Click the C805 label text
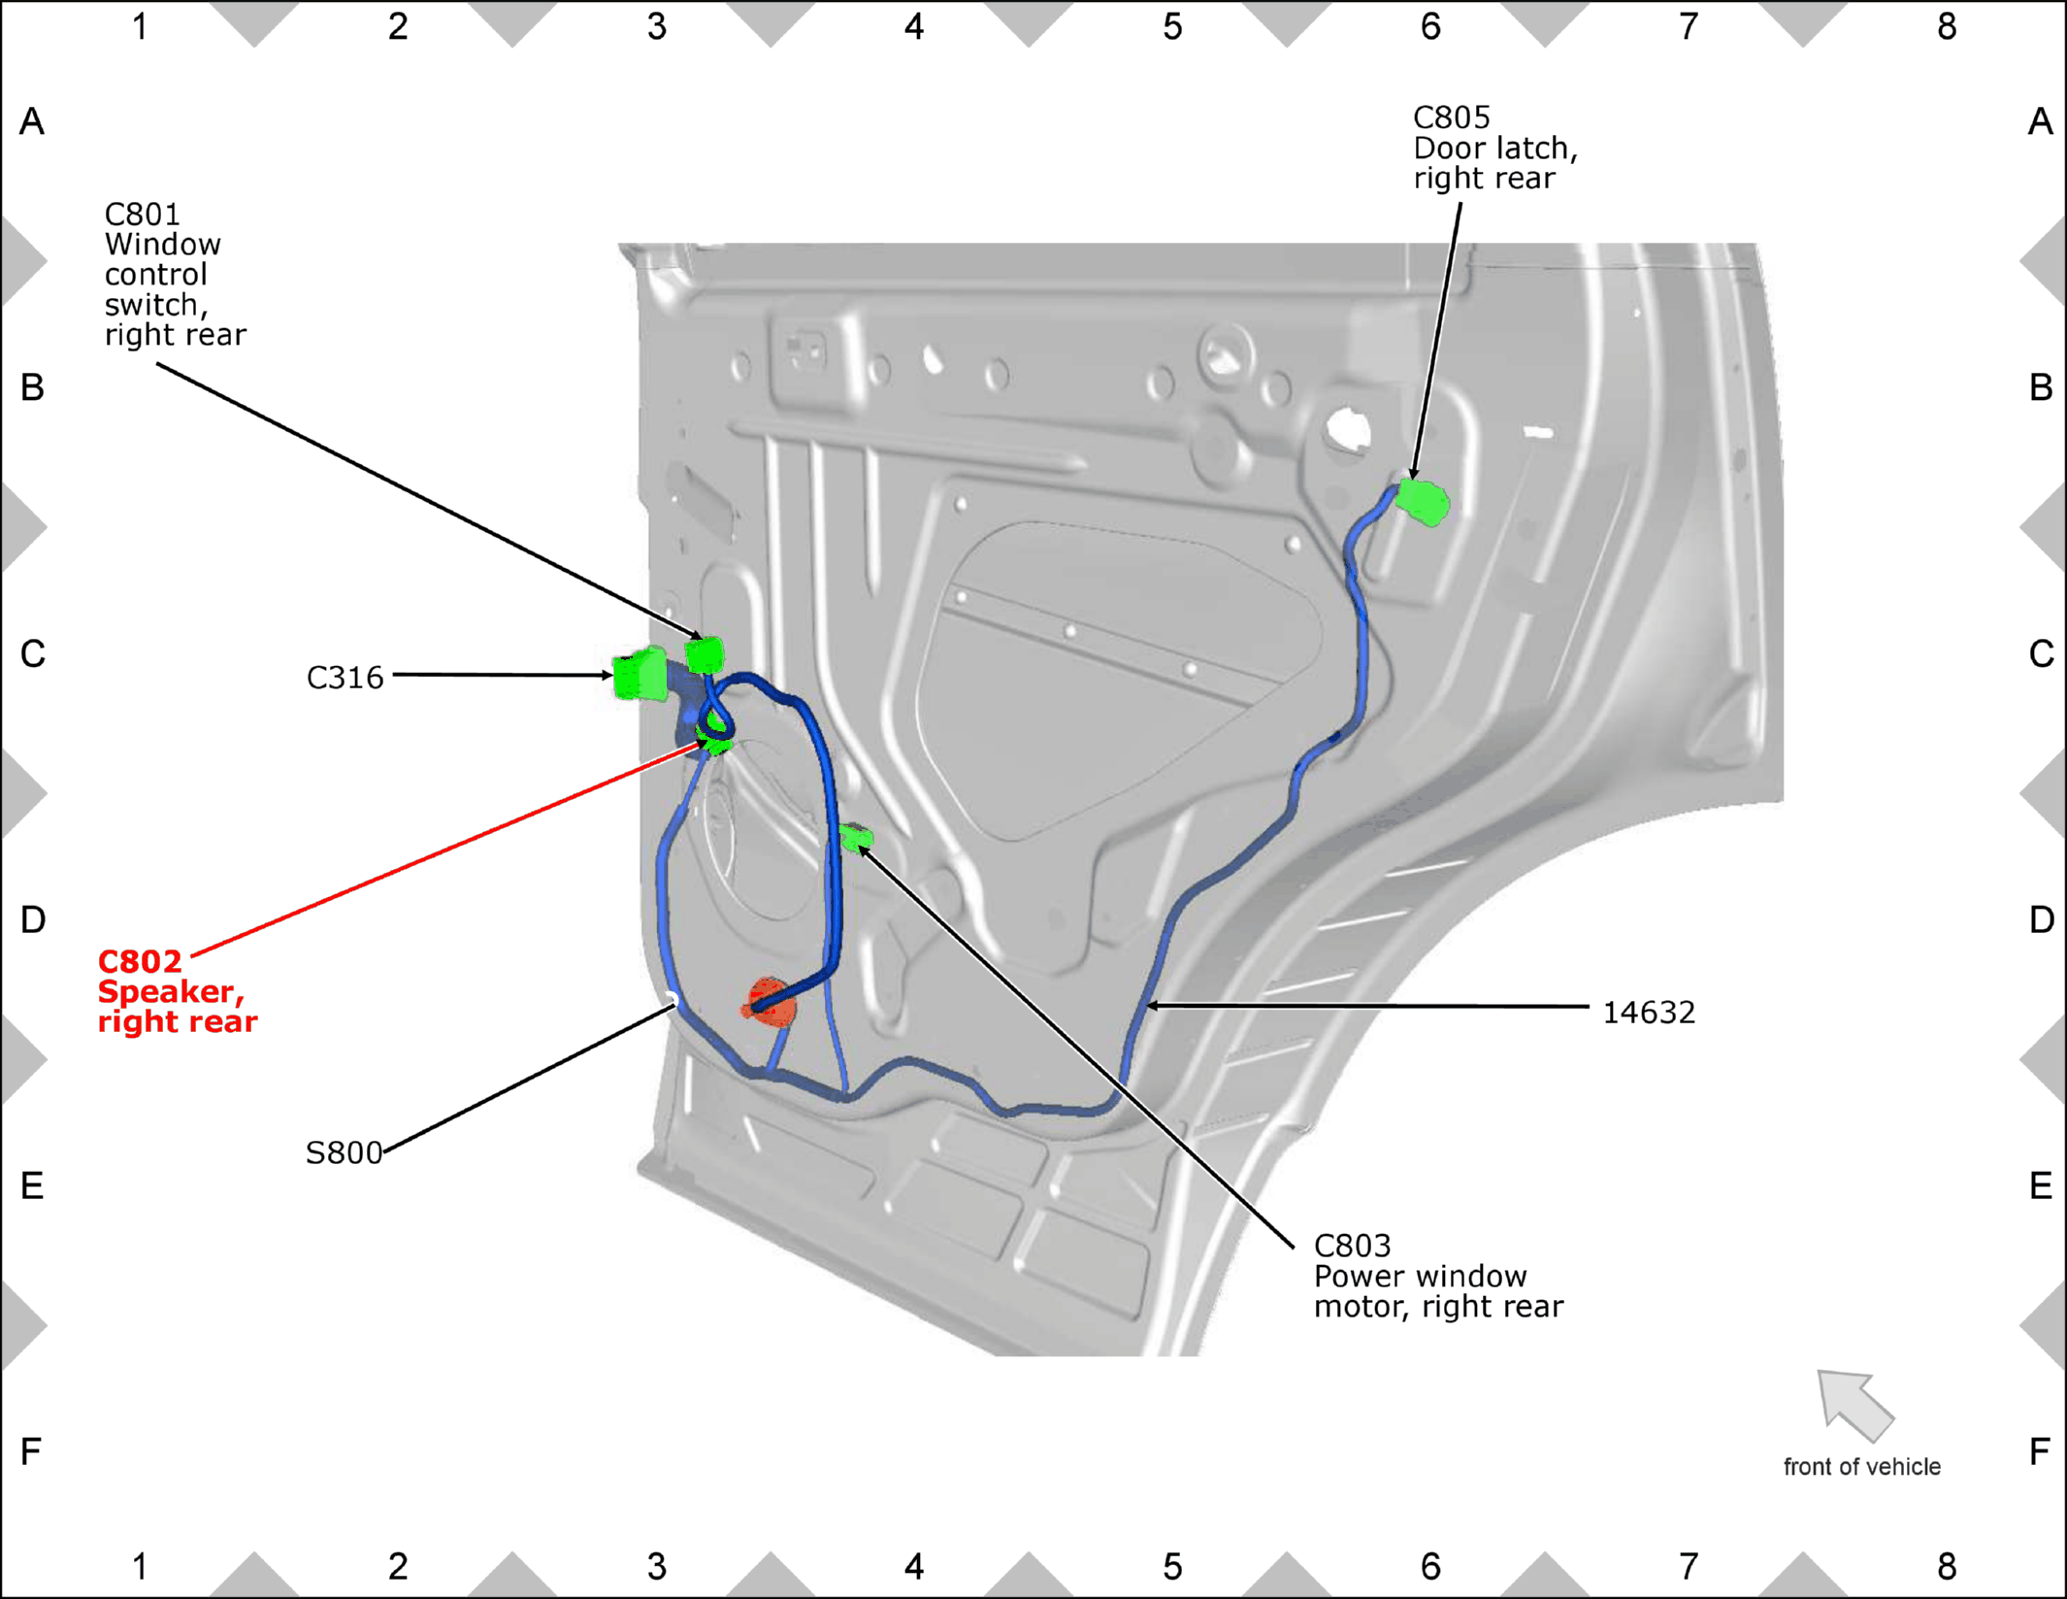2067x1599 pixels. [1451, 117]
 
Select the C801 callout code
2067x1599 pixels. [142, 214]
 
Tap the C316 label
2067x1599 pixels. [344, 678]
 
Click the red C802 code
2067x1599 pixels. [140, 961]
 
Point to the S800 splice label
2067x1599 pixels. [344, 1152]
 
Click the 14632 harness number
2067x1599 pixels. [1648, 1013]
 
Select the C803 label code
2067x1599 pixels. [1352, 1246]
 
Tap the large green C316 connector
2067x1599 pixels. [640, 674]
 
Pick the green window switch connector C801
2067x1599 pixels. [705, 654]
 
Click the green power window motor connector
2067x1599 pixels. [856, 836]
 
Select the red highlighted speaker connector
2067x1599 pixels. [770, 1002]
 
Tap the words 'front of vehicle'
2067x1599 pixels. [1861, 1466]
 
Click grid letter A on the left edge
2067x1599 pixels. [32, 122]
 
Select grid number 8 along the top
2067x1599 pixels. [1946, 27]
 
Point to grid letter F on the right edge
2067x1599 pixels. [2040, 1451]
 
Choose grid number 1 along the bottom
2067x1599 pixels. [140, 1566]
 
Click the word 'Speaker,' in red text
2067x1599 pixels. [171, 992]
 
